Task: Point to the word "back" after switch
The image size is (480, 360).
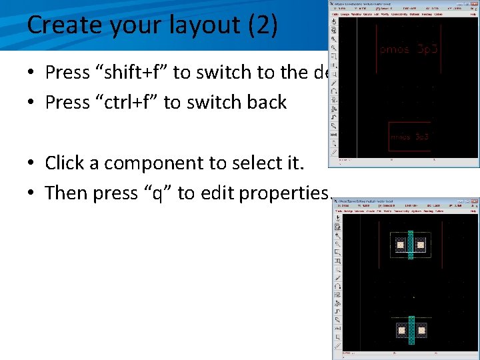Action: coord(266,103)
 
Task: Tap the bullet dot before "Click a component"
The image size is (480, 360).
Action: coord(32,163)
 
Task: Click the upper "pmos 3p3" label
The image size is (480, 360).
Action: coord(409,49)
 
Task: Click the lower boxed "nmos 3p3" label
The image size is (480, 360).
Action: coord(409,137)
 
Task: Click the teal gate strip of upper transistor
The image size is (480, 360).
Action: coord(411,245)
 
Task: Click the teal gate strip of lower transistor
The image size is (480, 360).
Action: coord(411,329)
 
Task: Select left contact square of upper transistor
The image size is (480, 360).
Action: coord(400,245)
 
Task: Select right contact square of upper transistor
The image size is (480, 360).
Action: coord(421,245)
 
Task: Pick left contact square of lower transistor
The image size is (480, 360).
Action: coord(401,329)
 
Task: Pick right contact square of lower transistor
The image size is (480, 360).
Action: coord(421,329)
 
